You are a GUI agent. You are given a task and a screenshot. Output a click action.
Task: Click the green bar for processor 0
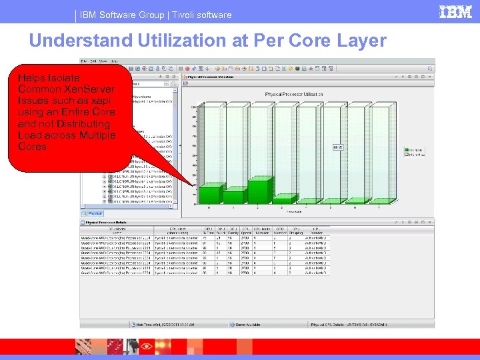click(211, 195)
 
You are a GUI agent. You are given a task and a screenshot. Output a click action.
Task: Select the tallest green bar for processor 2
click(261, 190)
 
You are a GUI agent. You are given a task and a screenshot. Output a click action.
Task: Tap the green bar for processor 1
click(235, 196)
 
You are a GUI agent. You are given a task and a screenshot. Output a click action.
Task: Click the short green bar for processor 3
click(286, 200)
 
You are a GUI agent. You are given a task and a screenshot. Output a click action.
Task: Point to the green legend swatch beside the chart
click(407, 149)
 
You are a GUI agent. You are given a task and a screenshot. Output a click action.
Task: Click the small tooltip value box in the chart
click(337, 147)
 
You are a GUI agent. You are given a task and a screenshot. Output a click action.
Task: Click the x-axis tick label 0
click(211, 208)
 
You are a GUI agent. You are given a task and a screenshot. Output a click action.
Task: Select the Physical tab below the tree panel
click(95, 213)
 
